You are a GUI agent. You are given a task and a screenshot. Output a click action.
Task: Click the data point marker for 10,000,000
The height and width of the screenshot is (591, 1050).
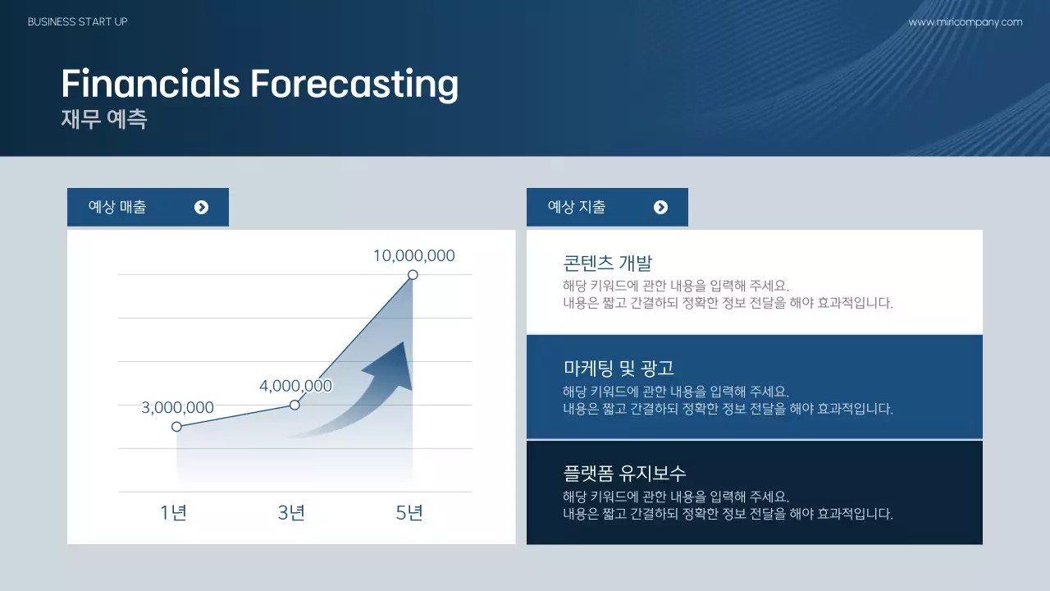coord(413,275)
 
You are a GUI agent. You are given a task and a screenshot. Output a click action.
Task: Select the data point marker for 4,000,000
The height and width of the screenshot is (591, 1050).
coord(294,405)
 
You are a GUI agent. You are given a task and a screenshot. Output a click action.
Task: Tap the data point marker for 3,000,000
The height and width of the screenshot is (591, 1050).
coord(176,427)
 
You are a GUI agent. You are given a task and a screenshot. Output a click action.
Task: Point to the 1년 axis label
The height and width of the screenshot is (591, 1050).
coord(173,513)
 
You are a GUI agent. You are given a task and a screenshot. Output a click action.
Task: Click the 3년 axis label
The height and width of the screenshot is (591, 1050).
coord(291,513)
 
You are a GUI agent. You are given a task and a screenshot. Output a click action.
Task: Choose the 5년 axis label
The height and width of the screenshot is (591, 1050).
coord(409,513)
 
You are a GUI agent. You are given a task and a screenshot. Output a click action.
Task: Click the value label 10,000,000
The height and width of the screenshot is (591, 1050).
coord(414,255)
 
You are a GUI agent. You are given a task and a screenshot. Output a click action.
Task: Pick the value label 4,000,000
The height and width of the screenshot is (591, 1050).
coord(296,386)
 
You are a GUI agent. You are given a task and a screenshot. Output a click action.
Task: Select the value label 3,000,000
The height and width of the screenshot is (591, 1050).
coord(178,408)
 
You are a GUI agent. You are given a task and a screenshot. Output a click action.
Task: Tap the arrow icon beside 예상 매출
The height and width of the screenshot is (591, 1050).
coord(201,208)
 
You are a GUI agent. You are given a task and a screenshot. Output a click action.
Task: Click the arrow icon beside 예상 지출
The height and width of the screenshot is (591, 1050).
coord(660,208)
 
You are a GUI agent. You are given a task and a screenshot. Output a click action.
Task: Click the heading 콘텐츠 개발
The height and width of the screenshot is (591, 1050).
coord(608,263)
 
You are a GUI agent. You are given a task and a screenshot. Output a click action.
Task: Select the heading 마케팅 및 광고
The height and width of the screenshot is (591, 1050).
coord(619,369)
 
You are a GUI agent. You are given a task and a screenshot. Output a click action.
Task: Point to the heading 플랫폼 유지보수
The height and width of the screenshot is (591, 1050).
coord(624,474)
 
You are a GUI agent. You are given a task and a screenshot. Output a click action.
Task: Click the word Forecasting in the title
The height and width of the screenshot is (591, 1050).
coord(354,85)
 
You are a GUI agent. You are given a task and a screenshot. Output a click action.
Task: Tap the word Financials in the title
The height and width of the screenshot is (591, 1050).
coord(150,83)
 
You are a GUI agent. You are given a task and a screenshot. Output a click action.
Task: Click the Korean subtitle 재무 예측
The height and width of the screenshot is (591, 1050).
coord(104,119)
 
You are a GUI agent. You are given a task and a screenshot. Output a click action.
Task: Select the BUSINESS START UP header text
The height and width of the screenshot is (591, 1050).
coord(78,22)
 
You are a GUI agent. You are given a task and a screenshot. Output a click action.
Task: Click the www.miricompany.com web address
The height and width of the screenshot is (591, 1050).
coord(966,22)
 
